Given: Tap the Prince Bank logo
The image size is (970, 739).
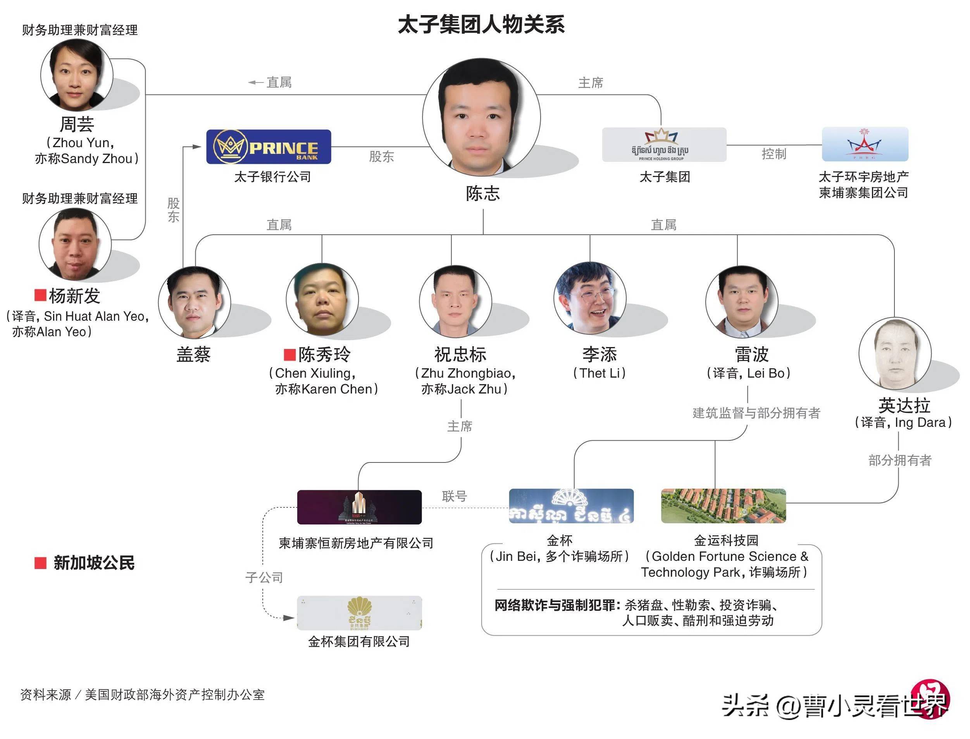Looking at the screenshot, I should tap(269, 147).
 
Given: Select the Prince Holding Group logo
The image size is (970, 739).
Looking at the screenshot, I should tap(664, 145).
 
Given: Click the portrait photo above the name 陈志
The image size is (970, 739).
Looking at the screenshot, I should tap(481, 117).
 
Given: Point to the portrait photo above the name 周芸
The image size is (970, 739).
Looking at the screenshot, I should tap(77, 75).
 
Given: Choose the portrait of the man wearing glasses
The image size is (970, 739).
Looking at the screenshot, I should tap(590, 298).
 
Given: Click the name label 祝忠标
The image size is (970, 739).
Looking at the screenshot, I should tap(460, 354).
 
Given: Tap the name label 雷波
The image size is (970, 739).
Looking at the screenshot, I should tap(751, 354).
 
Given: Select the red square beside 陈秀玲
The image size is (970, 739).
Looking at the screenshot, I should tap(289, 354).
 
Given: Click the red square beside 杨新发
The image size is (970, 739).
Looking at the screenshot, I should tap(40, 295).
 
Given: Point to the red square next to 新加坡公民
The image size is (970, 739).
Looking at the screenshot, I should tap(40, 563).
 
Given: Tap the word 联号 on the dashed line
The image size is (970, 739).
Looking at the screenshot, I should tap(454, 496).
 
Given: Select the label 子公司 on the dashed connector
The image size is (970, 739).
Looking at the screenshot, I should tap(264, 577).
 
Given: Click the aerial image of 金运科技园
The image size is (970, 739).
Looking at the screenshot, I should tap(723, 506).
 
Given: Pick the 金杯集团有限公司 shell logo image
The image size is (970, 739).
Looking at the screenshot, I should tap(359, 613).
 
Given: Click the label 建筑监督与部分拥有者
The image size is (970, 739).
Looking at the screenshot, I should tap(756, 412).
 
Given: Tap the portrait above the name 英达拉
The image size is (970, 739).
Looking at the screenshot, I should tap(895, 353).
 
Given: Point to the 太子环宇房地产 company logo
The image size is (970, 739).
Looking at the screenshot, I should tap(865, 144).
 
